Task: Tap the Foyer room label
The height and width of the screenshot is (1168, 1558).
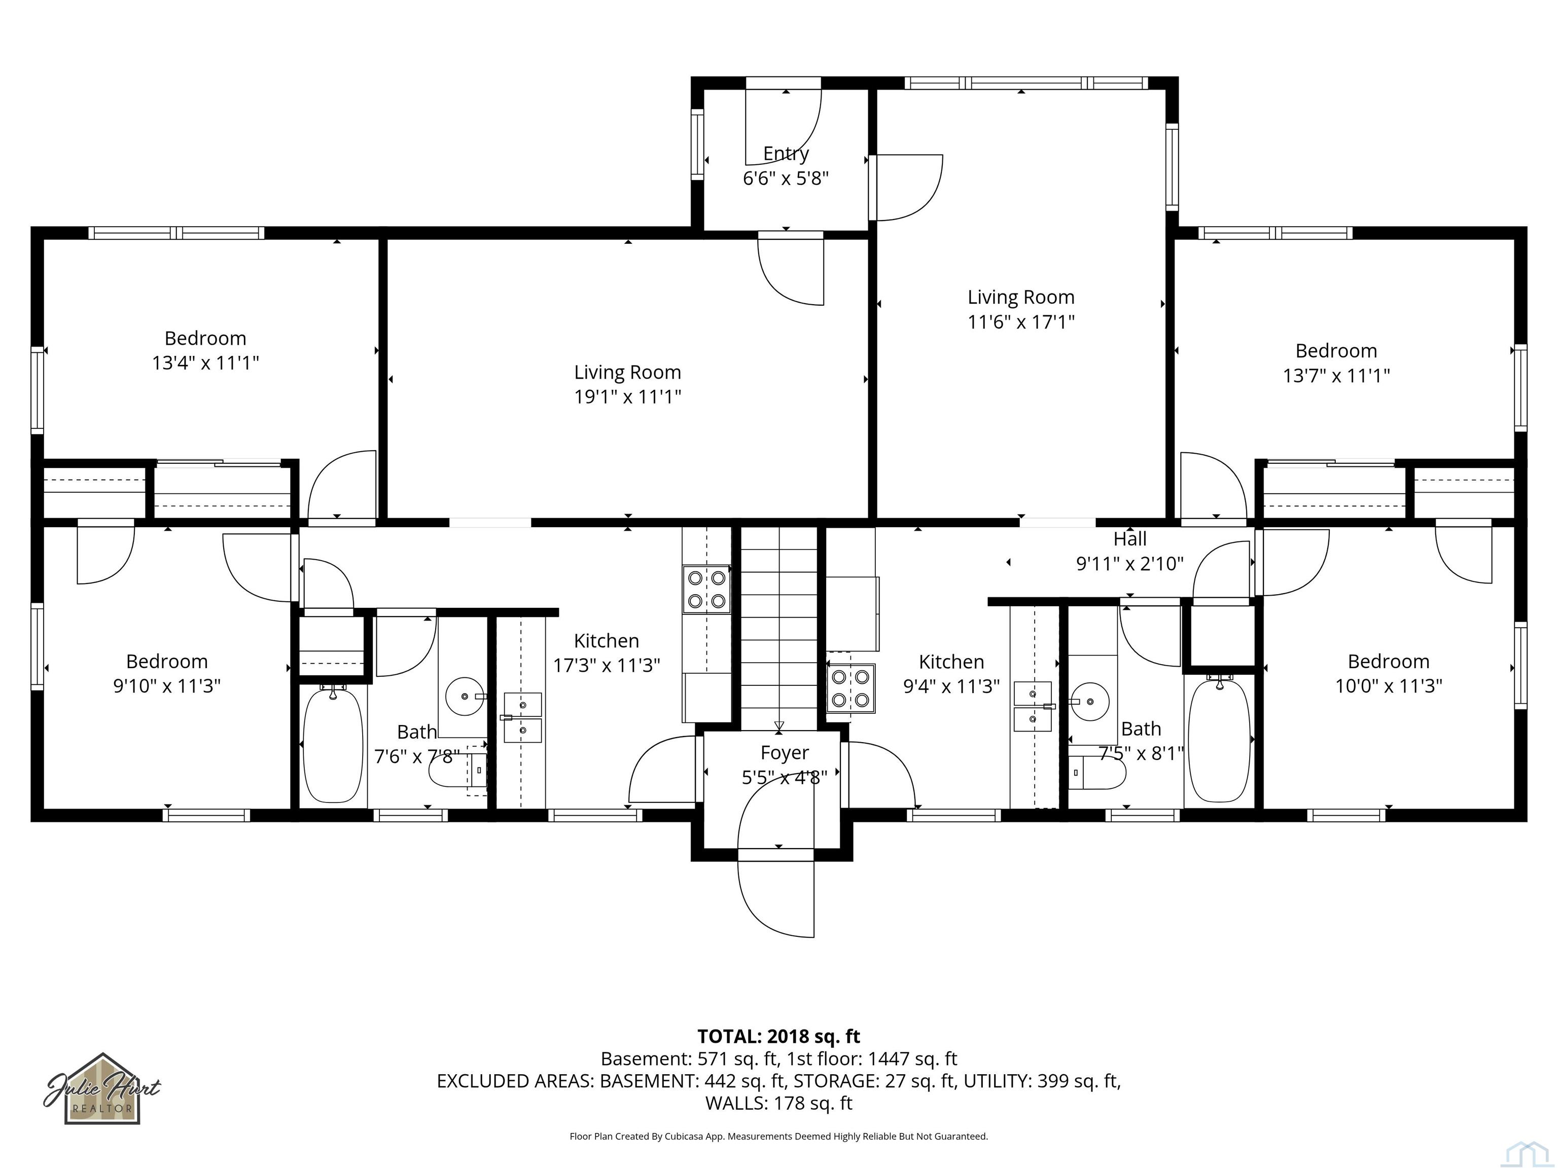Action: coord(785,753)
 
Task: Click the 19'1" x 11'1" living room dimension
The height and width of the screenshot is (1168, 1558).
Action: coord(627,397)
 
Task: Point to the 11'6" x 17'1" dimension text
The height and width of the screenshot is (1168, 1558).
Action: coord(1020,322)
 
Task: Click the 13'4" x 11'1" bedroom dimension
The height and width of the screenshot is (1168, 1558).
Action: coord(206,363)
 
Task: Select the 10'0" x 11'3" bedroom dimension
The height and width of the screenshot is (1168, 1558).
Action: coord(1388,686)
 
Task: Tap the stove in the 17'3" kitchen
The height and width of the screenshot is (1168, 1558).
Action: coord(706,589)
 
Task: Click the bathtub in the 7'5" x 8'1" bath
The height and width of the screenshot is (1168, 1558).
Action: coord(1219,740)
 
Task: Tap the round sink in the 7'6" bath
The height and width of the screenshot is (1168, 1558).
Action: coord(465,697)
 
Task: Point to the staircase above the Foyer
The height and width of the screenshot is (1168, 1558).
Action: coord(778,629)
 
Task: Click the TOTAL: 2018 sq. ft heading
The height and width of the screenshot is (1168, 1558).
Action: coord(778,1036)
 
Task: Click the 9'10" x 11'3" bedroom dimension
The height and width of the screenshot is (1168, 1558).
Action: coord(167,686)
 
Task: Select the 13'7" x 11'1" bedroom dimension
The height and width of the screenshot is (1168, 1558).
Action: coord(1336,375)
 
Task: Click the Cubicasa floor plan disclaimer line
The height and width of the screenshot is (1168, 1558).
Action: coord(778,1137)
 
